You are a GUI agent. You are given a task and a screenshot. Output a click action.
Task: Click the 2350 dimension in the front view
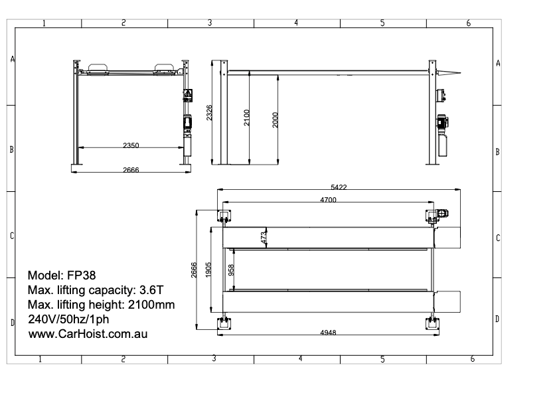[x=131, y=144]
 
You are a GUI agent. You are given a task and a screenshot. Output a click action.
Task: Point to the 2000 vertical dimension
[x=275, y=119]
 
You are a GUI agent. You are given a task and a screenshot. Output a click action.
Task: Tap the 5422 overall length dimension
[x=339, y=187]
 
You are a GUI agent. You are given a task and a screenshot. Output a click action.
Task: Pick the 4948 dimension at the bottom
[x=328, y=332]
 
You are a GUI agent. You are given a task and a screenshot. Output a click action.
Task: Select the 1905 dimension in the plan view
[x=208, y=271]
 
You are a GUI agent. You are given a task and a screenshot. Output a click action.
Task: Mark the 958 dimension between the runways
[x=231, y=270]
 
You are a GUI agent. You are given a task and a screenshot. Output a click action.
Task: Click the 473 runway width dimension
[x=264, y=238]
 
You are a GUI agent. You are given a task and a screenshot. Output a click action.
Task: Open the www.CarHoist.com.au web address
[x=87, y=333]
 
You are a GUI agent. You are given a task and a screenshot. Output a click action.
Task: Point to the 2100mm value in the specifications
[x=152, y=304]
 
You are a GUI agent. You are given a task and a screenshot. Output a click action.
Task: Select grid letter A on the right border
[x=498, y=64]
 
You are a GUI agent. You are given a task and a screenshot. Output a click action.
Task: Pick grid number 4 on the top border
[x=296, y=23]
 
